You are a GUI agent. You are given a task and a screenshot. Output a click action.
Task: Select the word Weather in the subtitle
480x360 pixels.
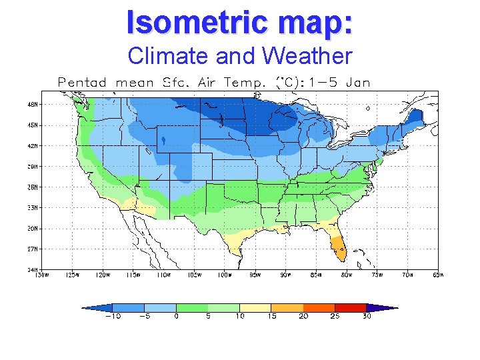pos(307,56)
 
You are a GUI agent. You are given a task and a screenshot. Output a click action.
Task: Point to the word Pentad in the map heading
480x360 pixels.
pos(82,83)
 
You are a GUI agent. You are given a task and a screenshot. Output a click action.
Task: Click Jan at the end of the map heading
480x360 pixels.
pos(358,83)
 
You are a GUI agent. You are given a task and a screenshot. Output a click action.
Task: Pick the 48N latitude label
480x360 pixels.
pos(33,104)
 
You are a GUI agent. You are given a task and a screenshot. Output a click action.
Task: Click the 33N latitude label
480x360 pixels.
pos(33,207)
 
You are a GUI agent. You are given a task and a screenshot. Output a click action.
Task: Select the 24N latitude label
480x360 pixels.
pos(33,269)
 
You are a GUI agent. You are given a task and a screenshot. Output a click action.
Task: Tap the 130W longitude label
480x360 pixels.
pos(42,275)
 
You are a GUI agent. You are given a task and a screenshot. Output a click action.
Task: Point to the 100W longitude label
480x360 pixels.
pos(225,275)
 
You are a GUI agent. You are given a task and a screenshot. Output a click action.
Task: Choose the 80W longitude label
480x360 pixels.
pos(347,275)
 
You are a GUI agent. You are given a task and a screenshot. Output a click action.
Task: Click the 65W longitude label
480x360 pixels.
pos(439,275)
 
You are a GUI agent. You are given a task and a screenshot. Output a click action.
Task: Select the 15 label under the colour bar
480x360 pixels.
pos(271,317)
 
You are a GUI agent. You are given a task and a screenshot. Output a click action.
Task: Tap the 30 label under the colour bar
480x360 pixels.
pos(367,317)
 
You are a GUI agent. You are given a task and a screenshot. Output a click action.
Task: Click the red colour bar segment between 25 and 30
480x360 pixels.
pos(351,307)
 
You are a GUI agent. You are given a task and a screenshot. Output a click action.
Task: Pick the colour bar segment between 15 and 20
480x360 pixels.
pos(287,307)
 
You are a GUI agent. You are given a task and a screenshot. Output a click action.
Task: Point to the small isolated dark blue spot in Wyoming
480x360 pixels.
pos(164,141)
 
